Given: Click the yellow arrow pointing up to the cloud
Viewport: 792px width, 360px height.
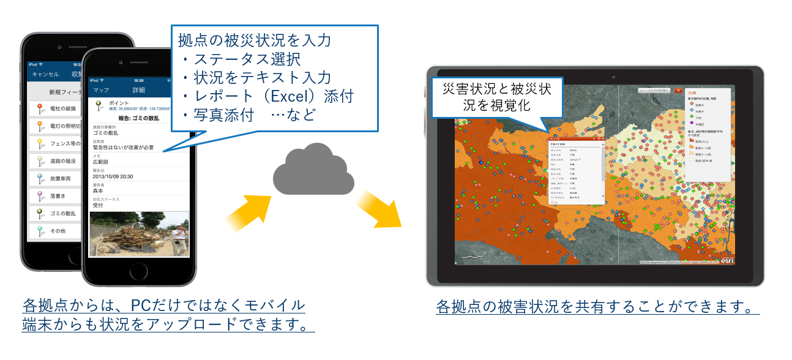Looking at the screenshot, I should (248, 211).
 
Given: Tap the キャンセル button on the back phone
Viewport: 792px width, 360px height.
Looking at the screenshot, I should (45, 74).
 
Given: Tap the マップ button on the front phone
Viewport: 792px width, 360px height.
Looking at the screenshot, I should (100, 90).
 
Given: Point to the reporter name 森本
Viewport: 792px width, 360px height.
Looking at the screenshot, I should (99, 191).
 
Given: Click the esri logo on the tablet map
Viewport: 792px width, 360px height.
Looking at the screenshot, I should (726, 260).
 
